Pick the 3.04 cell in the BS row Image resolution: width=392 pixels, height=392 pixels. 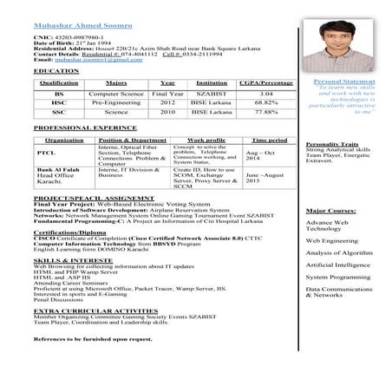click(267, 93)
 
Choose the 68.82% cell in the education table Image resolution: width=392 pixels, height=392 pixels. click(267, 102)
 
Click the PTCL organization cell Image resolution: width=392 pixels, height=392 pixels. click(46, 153)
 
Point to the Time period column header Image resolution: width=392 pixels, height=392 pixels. click(269, 140)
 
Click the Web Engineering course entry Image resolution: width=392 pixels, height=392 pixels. click(332, 240)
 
